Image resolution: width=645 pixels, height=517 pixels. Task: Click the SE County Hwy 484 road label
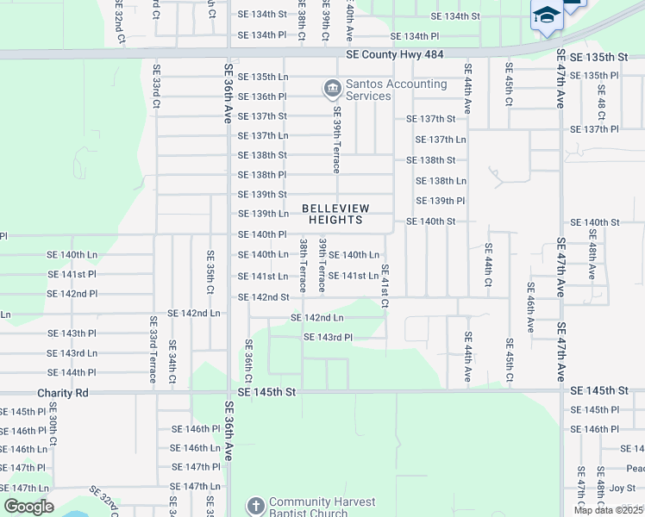(394, 54)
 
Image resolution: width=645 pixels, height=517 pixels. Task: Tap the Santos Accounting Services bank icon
(331, 88)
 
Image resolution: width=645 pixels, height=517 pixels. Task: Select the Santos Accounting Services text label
(396, 90)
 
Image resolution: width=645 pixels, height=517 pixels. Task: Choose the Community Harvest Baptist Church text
(322, 508)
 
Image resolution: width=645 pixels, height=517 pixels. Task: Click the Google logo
(28, 506)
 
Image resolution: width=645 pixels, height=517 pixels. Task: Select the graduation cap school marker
(546, 17)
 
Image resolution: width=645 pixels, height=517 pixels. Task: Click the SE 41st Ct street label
(385, 286)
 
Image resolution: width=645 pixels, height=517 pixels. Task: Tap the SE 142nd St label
(262, 297)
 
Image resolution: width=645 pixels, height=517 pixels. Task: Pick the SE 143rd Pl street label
(329, 337)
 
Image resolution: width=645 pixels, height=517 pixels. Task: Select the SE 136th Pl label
(262, 97)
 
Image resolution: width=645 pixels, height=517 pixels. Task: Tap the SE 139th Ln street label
(262, 214)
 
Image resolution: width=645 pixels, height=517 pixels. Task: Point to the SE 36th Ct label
(248, 362)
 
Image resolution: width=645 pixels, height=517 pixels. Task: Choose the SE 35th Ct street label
(210, 271)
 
